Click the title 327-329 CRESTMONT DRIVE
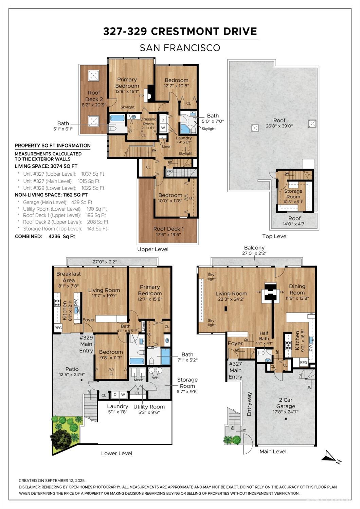tap(180, 31)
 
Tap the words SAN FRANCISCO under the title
tap(180, 48)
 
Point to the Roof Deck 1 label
tap(168, 229)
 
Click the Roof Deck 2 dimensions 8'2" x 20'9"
tap(94, 105)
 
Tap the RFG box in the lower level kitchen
tap(58, 328)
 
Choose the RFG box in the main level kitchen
tap(304, 362)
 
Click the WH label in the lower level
tap(155, 378)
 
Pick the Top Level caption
tap(275, 236)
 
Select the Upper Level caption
tap(152, 249)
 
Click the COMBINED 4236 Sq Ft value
tap(61, 236)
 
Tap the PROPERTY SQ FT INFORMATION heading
tap(52, 146)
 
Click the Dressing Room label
tap(148, 122)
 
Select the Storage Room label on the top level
tap(293, 194)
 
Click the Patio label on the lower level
tap(72, 369)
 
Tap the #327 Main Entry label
tap(235, 370)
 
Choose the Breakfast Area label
tap(68, 277)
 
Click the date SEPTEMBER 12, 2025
tap(65, 480)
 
